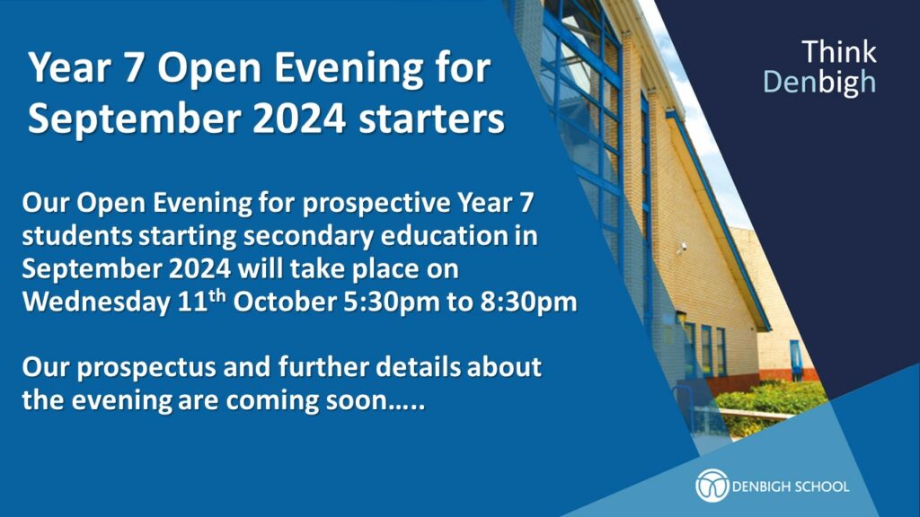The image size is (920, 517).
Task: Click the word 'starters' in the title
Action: pyautogui.click(x=431, y=119)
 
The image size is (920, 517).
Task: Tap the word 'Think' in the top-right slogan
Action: pyautogui.click(x=838, y=51)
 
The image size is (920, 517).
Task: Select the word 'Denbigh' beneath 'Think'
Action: pyautogui.click(x=819, y=83)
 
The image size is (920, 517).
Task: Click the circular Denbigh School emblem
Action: pyautogui.click(x=712, y=486)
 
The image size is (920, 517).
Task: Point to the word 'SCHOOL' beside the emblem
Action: pyautogui.click(x=819, y=486)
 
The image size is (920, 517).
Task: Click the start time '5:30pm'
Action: pyautogui.click(x=391, y=302)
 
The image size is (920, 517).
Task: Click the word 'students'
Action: pyautogui.click(x=77, y=236)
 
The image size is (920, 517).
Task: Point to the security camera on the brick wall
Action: pyautogui.click(x=682, y=248)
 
